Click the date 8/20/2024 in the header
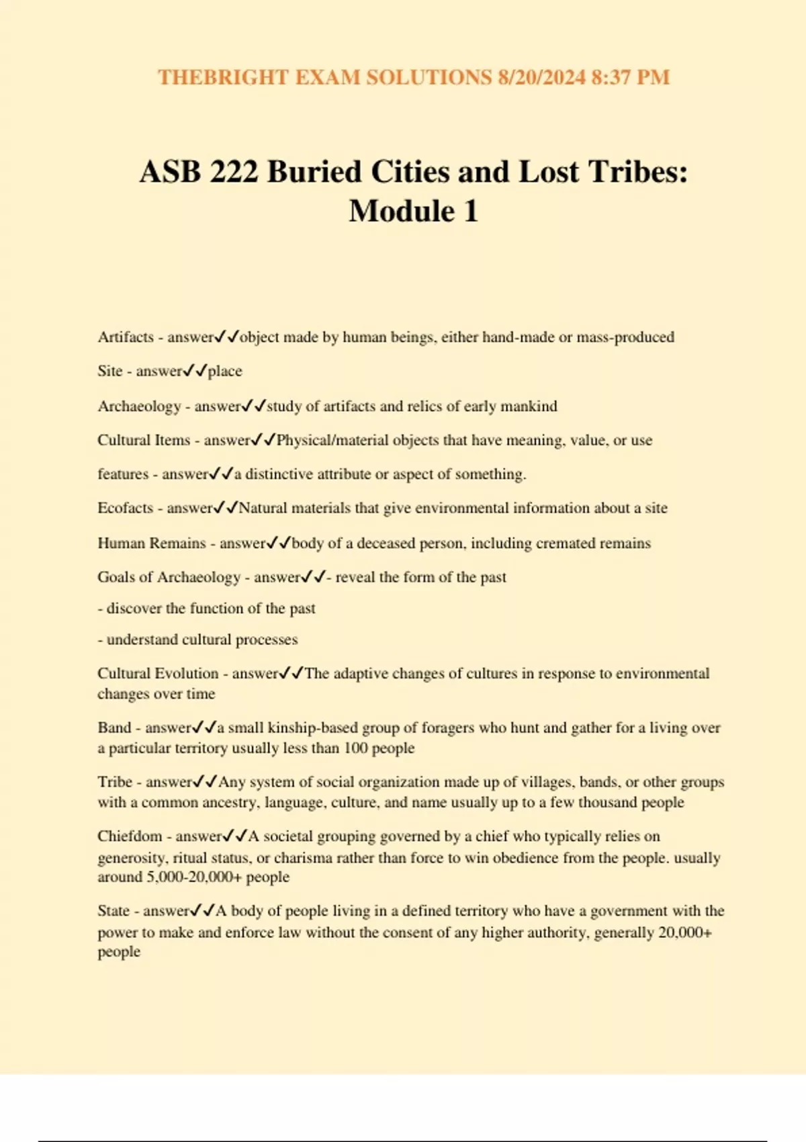point(541,77)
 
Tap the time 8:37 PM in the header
point(630,77)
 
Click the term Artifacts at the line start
point(126,337)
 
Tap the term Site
point(109,371)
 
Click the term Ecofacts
point(126,509)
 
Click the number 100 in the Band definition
point(356,748)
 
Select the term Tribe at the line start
point(115,782)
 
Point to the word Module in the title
point(402,212)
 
